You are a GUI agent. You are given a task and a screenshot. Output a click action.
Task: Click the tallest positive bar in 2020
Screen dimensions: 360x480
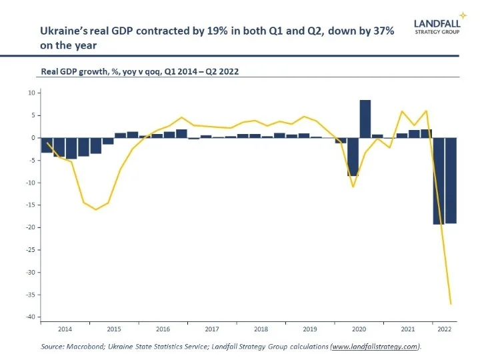[x=365, y=119]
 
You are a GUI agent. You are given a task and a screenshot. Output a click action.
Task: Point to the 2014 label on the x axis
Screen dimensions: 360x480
[x=65, y=329]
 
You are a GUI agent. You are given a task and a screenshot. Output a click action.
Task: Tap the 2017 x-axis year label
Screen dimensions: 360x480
[x=212, y=329]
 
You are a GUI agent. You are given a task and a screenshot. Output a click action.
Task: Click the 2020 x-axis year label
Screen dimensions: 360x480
[x=359, y=329]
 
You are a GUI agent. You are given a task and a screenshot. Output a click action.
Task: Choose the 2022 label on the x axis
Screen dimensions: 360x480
[x=443, y=329]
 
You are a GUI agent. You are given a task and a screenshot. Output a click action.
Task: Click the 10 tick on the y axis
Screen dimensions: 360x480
[x=31, y=93]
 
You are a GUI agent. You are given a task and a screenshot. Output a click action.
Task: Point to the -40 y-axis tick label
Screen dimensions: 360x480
[x=29, y=317]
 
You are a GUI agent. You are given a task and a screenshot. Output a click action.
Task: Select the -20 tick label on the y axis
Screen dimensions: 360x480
[x=29, y=227]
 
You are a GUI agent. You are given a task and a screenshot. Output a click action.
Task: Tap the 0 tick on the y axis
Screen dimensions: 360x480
[x=32, y=137]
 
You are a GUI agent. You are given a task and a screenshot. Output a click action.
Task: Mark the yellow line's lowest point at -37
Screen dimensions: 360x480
[x=450, y=304]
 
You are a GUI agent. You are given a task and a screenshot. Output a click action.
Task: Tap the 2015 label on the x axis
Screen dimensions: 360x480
[x=114, y=329]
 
